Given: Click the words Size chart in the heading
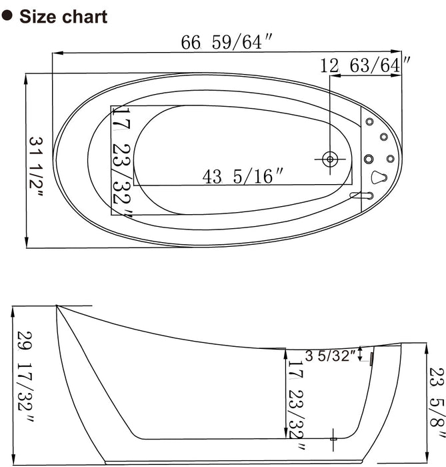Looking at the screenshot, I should tap(63, 17).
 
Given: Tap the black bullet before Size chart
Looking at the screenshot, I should tap(9, 16).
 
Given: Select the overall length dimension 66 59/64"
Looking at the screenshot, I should tap(227, 42).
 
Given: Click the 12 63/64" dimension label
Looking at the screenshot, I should tap(365, 65).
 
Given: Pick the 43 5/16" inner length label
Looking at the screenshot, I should tap(243, 177).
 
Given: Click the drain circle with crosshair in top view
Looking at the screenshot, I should tap(329, 159).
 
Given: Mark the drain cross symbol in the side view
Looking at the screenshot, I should tap(334, 438).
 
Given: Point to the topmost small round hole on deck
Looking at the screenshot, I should tap(369, 121).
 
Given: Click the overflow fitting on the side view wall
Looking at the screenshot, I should tap(371, 360).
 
